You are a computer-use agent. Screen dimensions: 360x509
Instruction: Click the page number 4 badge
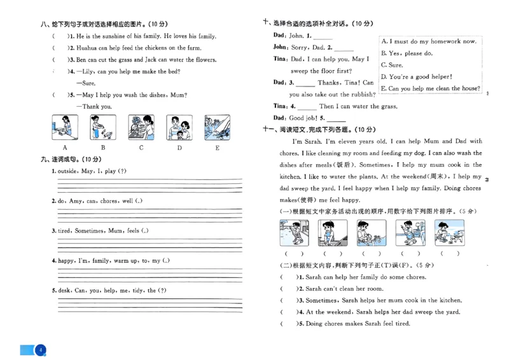[x=40, y=350]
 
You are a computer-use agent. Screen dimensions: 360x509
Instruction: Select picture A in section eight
[x=64, y=127]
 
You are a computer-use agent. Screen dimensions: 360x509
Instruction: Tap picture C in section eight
[x=141, y=127]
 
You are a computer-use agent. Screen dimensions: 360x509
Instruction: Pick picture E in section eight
[x=217, y=127]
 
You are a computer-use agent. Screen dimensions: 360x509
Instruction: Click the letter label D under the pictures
[x=179, y=148]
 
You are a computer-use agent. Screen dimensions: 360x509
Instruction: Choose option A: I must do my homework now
[x=429, y=41]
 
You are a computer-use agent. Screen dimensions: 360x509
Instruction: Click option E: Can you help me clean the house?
[x=430, y=88]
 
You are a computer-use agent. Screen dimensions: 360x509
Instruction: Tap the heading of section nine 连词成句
[x=71, y=159]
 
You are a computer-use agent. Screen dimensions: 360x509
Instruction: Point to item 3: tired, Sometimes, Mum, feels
[x=100, y=231]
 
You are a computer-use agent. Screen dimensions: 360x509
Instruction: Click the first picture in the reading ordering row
[x=294, y=233]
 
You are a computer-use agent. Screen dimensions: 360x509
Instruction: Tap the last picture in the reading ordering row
[x=450, y=233]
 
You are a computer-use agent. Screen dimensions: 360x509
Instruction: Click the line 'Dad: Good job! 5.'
[x=309, y=118]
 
